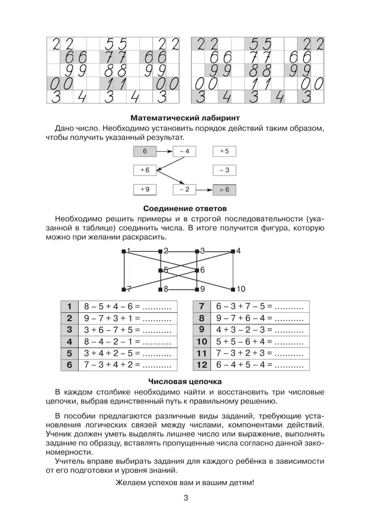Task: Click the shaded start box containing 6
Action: click(145, 152)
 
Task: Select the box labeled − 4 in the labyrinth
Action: click(184, 152)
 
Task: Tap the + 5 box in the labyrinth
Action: click(224, 152)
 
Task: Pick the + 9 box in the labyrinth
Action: click(145, 190)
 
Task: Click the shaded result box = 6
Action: click(224, 190)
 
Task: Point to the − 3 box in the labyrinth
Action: click(224, 171)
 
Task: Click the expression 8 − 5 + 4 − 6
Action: click(111, 306)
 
